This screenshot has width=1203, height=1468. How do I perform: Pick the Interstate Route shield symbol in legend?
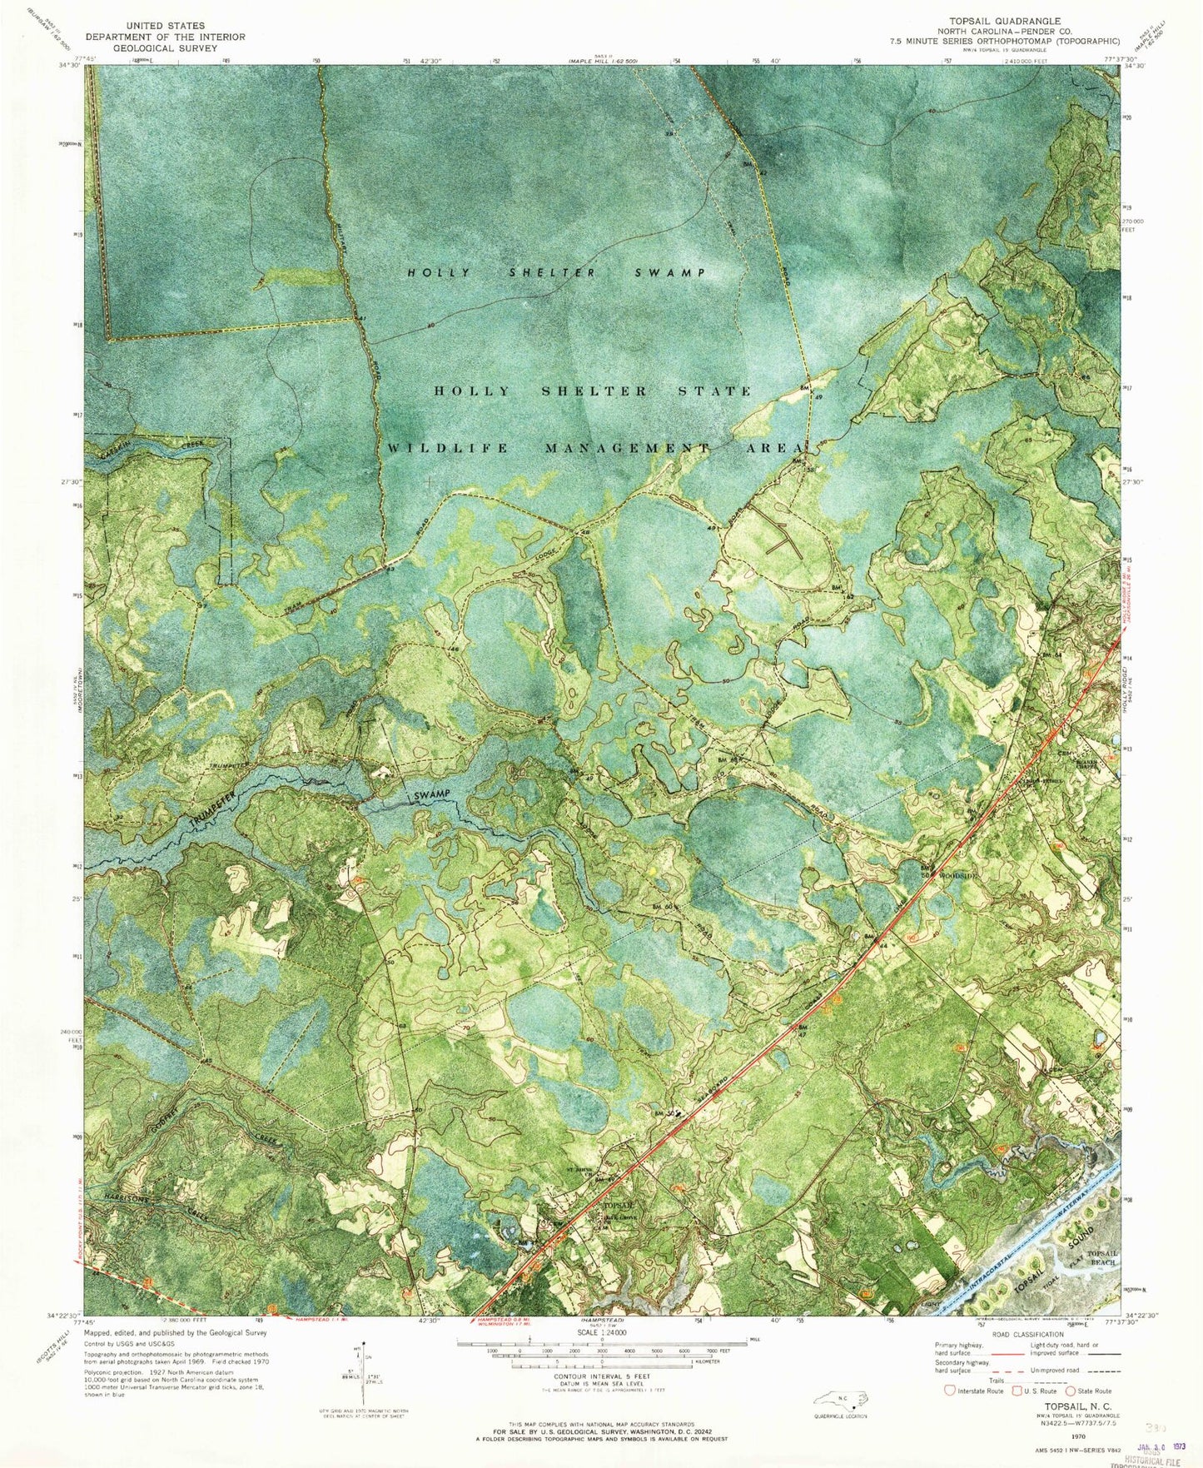(x=948, y=1391)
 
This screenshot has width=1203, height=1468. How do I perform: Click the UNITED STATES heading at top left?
(x=164, y=26)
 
